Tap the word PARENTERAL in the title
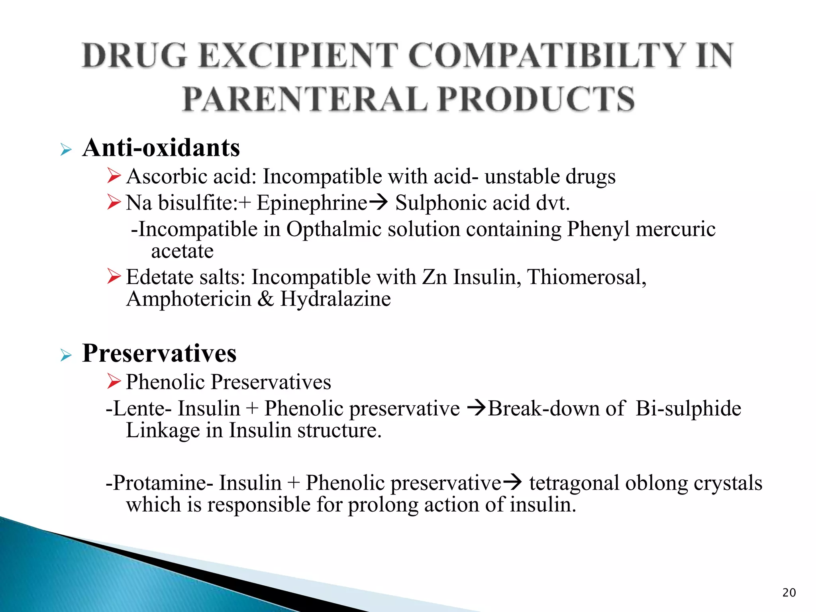coord(305,99)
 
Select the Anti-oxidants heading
coord(161,148)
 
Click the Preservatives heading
coord(159,353)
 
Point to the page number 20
coord(789,592)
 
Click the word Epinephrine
coord(312,203)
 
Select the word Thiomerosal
coord(586,277)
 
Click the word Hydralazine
coord(335,299)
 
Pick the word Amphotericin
coord(188,299)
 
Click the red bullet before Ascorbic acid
coord(114,176)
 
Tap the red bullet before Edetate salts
coord(114,277)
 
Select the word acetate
coord(182,251)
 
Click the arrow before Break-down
coord(476,408)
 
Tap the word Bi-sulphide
coord(688,408)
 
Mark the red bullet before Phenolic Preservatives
coord(114,382)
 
